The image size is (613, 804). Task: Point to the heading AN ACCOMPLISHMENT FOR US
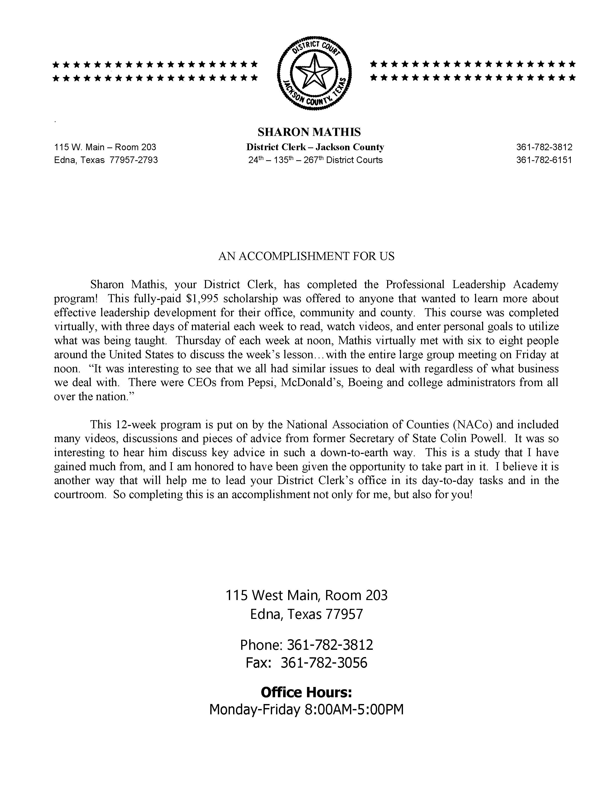[x=306, y=256]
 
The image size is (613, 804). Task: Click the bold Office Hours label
[x=306, y=692]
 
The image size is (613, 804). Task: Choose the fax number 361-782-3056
[x=324, y=662]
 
